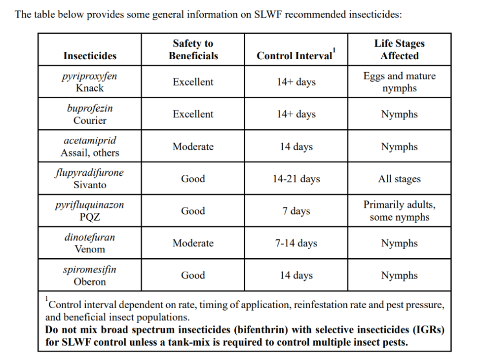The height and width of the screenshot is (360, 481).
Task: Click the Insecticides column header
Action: (x=90, y=56)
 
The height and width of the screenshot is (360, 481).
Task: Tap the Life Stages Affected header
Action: (x=400, y=49)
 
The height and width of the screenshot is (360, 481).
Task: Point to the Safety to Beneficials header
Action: (x=193, y=49)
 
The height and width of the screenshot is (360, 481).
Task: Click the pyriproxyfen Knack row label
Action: (x=90, y=81)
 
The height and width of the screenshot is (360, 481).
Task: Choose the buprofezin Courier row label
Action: (x=90, y=114)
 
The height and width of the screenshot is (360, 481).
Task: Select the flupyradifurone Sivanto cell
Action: (x=90, y=178)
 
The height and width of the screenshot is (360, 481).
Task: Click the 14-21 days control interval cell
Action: (x=296, y=178)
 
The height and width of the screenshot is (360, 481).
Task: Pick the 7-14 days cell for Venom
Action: (x=296, y=243)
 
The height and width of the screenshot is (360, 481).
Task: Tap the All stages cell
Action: (x=400, y=178)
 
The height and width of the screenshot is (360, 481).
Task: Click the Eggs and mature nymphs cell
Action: (x=400, y=81)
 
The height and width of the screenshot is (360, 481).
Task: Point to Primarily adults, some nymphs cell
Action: (x=400, y=211)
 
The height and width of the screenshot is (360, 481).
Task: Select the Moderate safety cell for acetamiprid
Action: (x=193, y=146)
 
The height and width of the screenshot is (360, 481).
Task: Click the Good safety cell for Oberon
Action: (x=193, y=275)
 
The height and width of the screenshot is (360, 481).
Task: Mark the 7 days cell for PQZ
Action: (x=296, y=211)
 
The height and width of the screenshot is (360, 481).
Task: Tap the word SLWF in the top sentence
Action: (x=268, y=14)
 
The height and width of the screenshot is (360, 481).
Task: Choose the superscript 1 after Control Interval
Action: (x=334, y=50)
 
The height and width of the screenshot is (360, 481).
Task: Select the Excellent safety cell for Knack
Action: (x=193, y=81)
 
